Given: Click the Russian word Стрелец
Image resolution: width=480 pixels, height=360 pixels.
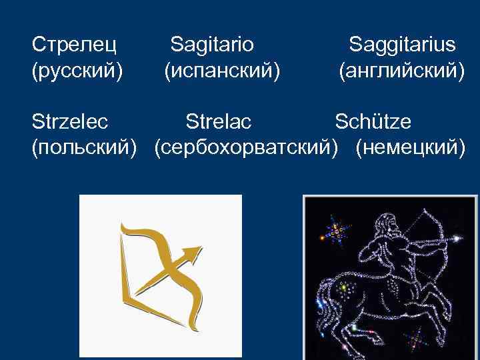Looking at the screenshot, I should tap(75, 45).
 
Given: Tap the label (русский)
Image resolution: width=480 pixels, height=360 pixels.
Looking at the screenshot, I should tap(77, 69).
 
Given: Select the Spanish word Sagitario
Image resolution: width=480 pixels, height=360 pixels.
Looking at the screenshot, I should tap(212, 45).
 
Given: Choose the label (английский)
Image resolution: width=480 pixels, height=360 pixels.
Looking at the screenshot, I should tap(401, 69).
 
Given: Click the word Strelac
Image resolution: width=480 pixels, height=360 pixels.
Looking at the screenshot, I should tap(219, 122).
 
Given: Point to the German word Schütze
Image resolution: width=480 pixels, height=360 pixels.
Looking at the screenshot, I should tap(373, 122).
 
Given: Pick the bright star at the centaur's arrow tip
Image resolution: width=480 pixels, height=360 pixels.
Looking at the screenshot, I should tap(457, 237).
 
